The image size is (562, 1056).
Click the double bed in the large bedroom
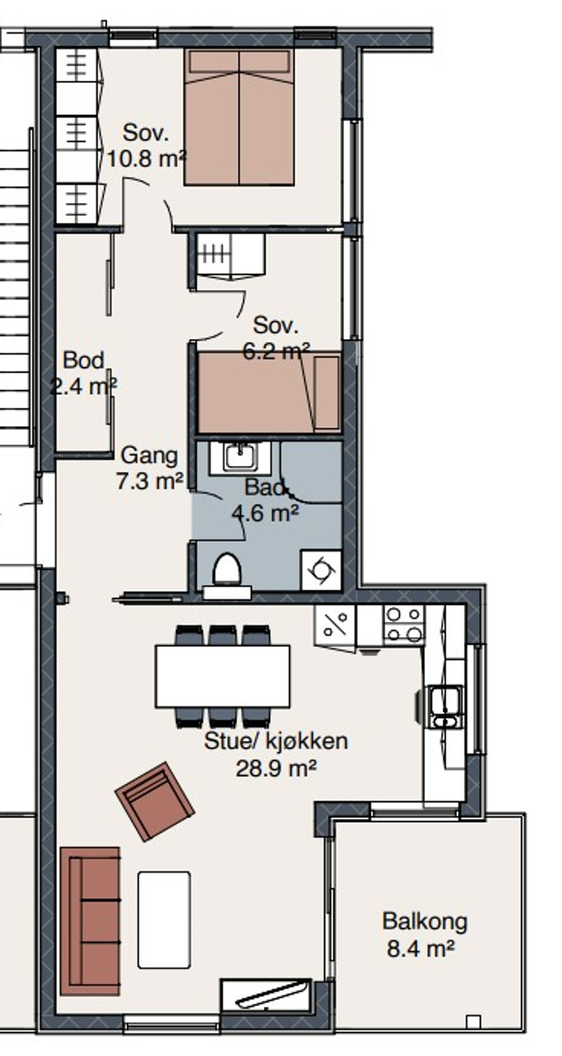coord(239,117)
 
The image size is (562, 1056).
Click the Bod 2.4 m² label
coord(84,373)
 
